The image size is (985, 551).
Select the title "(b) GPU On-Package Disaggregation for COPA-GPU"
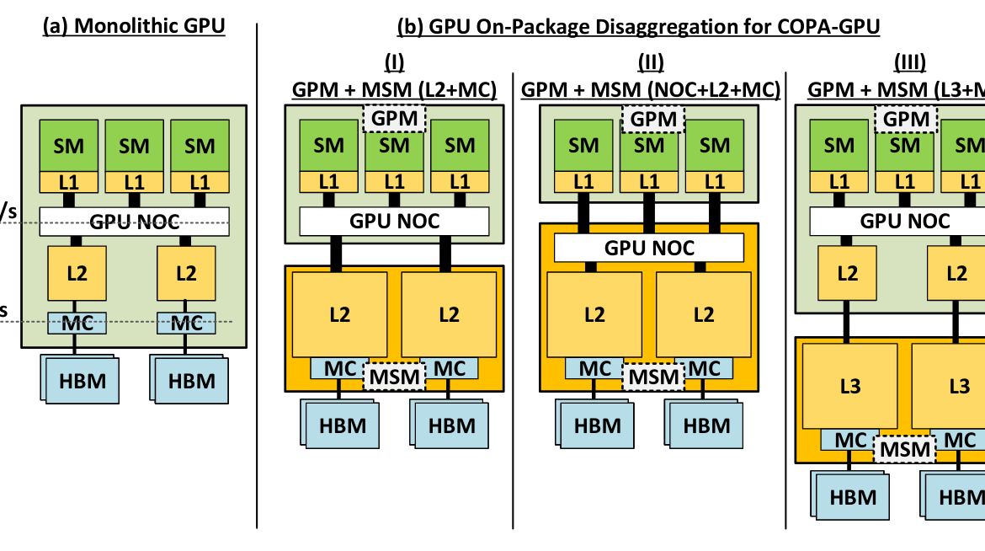(x=638, y=27)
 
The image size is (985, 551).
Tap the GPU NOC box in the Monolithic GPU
(x=135, y=222)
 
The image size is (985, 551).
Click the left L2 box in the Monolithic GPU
(x=77, y=272)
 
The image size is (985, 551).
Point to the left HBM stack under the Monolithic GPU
(x=81, y=379)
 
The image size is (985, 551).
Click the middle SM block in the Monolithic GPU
(x=135, y=146)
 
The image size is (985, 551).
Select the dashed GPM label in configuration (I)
(x=395, y=118)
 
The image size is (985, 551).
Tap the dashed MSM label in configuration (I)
(x=395, y=376)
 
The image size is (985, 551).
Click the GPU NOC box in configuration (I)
(x=394, y=221)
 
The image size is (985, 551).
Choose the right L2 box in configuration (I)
(x=450, y=313)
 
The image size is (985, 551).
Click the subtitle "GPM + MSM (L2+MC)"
(x=394, y=88)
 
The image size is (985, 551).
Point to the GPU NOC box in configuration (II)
(x=649, y=248)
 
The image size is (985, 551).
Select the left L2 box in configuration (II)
(x=594, y=314)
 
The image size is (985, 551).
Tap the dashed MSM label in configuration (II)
(x=650, y=376)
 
